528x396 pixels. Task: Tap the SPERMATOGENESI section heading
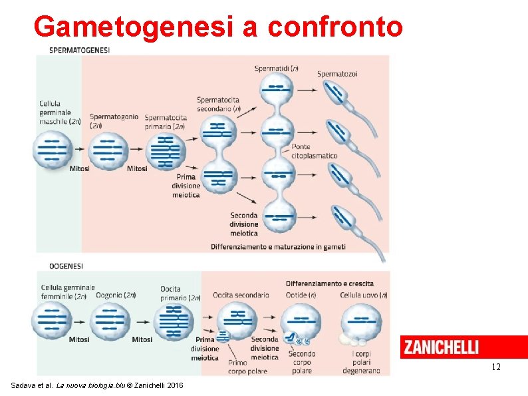(80, 50)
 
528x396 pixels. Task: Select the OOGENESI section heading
(66, 266)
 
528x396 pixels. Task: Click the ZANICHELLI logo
(440, 347)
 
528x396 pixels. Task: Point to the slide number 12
(495, 367)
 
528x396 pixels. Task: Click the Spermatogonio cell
(106, 150)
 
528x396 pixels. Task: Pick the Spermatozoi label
(337, 74)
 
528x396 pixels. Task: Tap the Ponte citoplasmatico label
(314, 151)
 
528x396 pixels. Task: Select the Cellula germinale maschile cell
(53, 150)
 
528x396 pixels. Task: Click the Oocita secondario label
(241, 295)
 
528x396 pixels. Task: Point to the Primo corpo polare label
(237, 367)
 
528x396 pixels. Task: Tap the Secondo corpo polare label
(302, 362)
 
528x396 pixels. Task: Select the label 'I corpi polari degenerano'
(362, 362)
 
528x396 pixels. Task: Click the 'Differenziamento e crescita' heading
(329, 284)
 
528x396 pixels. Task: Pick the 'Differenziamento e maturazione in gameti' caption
(278, 247)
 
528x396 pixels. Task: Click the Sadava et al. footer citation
(98, 386)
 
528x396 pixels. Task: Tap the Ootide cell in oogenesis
(301, 321)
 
